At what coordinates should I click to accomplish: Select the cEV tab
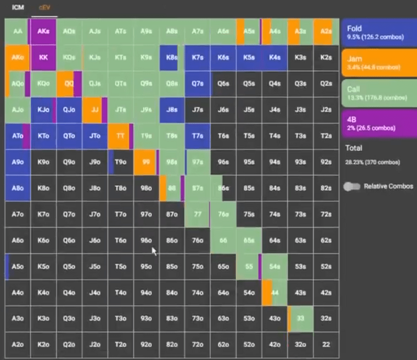point(44,8)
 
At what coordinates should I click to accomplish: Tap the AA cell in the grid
point(18,31)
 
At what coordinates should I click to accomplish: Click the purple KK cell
point(43,57)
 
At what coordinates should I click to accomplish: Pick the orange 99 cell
point(146,161)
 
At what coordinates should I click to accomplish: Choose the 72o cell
point(197,344)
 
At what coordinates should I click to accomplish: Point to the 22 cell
point(326,344)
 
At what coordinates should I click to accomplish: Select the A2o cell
point(18,344)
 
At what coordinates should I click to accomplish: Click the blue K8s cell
point(171,57)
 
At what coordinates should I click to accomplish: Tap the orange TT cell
point(120,136)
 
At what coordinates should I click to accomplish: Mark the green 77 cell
point(197,214)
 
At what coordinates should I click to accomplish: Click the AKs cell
point(43,31)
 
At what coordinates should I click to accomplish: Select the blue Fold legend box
point(377,32)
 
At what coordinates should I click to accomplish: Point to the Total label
point(354,148)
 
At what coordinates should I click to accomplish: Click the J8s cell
point(171,110)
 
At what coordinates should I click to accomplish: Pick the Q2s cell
point(326,83)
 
